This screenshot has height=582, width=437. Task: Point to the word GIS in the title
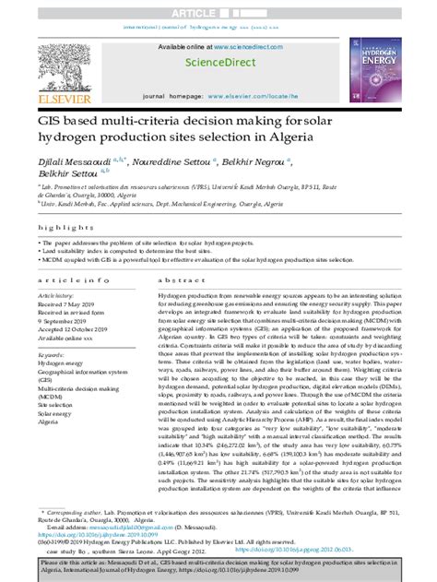point(51,122)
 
